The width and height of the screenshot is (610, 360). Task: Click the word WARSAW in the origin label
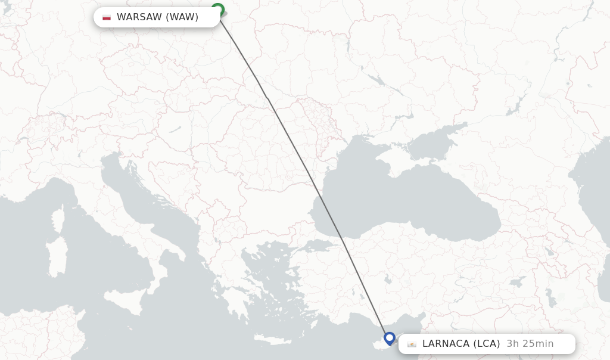click(x=139, y=17)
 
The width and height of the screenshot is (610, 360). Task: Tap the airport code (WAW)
click(x=182, y=17)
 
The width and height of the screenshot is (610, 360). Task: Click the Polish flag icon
click(x=107, y=17)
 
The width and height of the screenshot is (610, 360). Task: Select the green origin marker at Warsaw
click(x=217, y=10)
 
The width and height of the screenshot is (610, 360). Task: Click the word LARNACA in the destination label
click(x=446, y=344)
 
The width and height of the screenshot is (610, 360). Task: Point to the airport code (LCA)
click(x=487, y=344)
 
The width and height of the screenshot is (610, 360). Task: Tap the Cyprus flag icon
click(x=412, y=344)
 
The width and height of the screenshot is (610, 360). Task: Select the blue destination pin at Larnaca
click(x=390, y=338)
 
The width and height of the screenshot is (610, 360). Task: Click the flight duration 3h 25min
click(x=530, y=344)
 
